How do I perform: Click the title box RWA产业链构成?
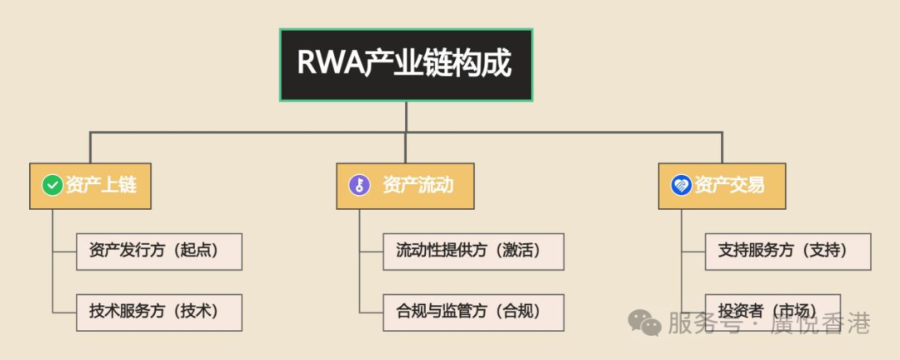coord(406,65)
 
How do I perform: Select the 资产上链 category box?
coord(94,185)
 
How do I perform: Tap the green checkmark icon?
coord(52,185)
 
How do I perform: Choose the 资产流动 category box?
coord(406,185)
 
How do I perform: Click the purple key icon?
coord(359,185)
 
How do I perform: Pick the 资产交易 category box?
coord(722,185)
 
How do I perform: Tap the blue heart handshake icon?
coord(681,185)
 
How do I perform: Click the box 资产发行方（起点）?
coord(158,251)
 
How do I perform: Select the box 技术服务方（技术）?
coord(158,312)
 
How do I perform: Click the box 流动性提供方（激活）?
coord(473,251)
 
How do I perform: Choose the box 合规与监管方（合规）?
coord(473,312)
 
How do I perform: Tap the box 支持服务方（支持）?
coord(787,251)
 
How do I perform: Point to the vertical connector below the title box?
coord(406,117)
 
